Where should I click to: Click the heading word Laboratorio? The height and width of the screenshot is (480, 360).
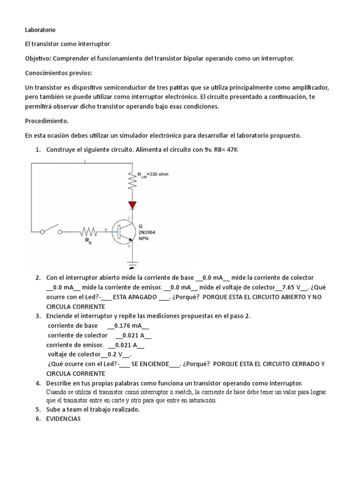(x=40, y=30)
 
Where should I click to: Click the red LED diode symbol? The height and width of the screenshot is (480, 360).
(x=132, y=205)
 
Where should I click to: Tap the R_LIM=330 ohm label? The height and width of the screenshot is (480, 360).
(x=153, y=175)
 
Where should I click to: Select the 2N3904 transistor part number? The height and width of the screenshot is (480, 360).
(x=147, y=231)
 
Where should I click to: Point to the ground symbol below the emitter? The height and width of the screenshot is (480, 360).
(x=132, y=263)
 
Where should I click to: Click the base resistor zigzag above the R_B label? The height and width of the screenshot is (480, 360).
(x=89, y=231)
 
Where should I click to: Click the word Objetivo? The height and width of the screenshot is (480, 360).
(x=37, y=59)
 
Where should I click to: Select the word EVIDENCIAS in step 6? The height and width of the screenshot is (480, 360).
(x=63, y=419)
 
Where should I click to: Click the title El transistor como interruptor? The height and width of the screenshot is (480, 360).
(x=67, y=44)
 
